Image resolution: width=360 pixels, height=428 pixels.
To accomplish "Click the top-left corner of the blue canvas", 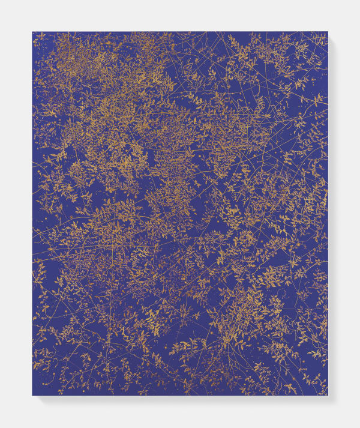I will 32,32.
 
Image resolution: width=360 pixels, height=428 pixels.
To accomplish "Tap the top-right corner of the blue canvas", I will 328,32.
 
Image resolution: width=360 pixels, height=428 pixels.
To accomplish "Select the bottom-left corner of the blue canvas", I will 32,395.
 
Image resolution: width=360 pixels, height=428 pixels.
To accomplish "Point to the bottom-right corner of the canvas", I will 328,395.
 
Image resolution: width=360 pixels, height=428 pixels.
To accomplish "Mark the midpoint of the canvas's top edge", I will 180,32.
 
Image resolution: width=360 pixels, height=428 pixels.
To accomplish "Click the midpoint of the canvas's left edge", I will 32,213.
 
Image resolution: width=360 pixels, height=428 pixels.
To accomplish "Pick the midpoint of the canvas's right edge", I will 328,213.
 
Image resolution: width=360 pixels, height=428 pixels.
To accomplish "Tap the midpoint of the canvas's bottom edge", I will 180,395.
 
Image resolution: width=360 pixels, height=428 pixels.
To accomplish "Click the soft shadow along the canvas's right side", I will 331,216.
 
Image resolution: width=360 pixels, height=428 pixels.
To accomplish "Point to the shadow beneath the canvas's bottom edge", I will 180,398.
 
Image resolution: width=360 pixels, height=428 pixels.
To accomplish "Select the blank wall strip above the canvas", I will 180,15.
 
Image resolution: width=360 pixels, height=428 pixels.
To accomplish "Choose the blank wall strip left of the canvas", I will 16,213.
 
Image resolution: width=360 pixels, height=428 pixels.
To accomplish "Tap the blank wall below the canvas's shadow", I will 180,414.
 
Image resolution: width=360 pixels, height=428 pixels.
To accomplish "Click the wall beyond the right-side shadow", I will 347,213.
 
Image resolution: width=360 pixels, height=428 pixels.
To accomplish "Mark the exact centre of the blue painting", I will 180,213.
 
